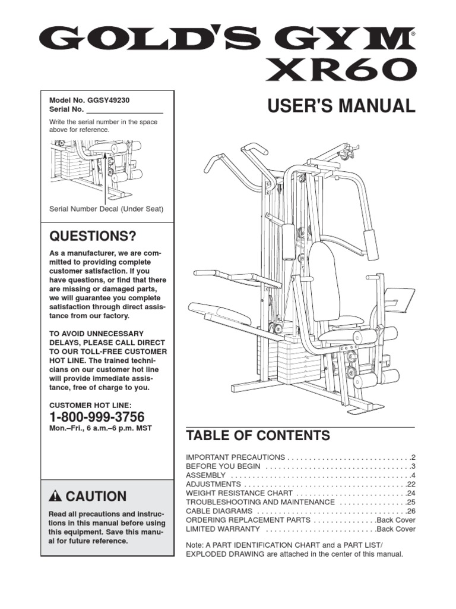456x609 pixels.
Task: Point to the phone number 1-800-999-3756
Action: click(97, 416)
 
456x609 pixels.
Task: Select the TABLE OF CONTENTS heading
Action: click(258, 436)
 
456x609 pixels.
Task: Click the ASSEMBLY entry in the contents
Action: click(206, 476)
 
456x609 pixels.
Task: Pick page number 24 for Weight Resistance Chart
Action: click(411, 494)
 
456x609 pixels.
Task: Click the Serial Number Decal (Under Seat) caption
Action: click(106, 209)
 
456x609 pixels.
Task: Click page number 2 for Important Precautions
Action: click(413, 458)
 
